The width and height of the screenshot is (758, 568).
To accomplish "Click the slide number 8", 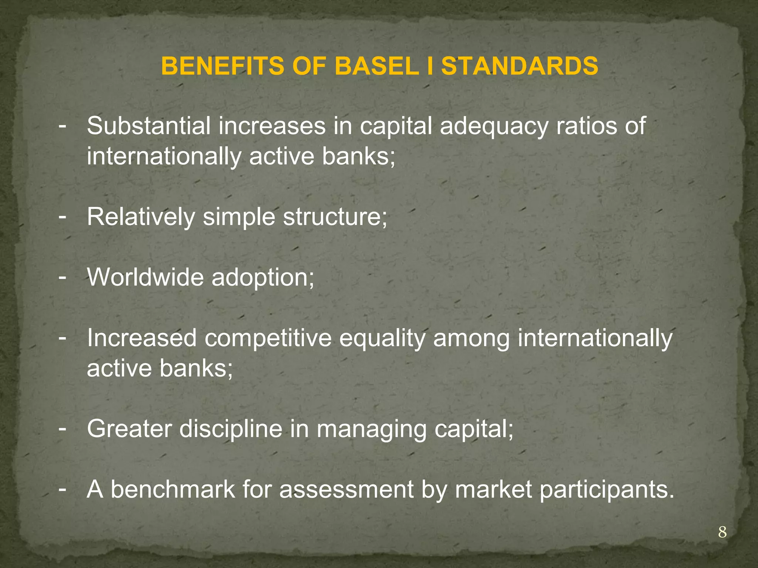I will pyautogui.click(x=722, y=533).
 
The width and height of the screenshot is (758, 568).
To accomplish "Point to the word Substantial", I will pyautogui.click(x=148, y=126).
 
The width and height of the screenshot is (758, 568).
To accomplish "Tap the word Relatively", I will pyautogui.click(x=141, y=217).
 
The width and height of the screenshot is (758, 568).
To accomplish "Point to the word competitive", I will pyautogui.click(x=268, y=339).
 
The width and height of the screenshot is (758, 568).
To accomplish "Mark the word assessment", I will pyautogui.click(x=346, y=490).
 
